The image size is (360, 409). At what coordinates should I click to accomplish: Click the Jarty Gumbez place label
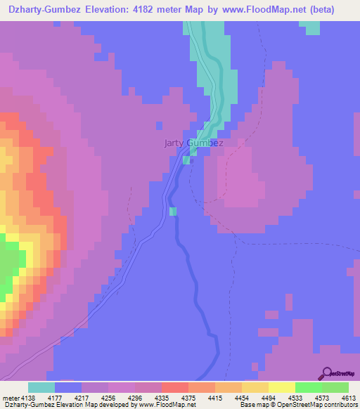pyautogui.click(x=193, y=143)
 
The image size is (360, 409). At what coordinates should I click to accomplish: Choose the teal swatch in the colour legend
pyautogui.click(x=41, y=388)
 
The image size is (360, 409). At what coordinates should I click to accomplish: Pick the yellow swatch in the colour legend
pyautogui.click(x=281, y=388)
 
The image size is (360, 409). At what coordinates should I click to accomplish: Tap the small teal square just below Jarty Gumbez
pyautogui.click(x=186, y=160)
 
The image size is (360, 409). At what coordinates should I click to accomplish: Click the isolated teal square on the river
pyautogui.click(x=173, y=211)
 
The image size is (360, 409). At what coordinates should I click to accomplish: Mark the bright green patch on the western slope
pyautogui.click(x=9, y=264)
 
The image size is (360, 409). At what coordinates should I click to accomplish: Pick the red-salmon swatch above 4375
pyautogui.click(x=175, y=388)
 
